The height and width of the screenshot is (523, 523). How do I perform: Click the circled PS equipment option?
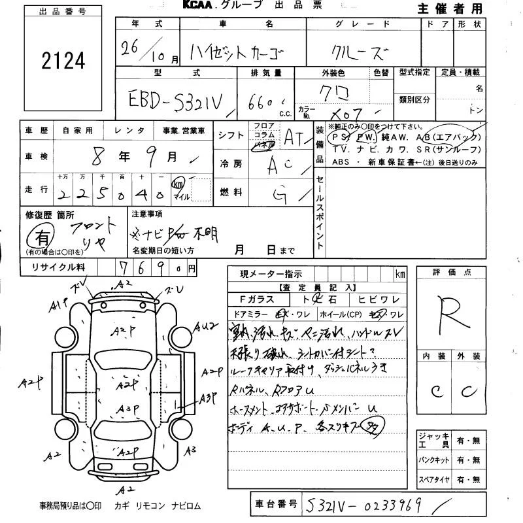coord(358,137)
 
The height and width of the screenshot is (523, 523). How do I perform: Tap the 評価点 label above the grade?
coord(451,272)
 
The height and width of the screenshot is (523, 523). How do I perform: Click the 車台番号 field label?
coord(275,504)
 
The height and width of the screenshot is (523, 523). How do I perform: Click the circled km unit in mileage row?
coord(178,184)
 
